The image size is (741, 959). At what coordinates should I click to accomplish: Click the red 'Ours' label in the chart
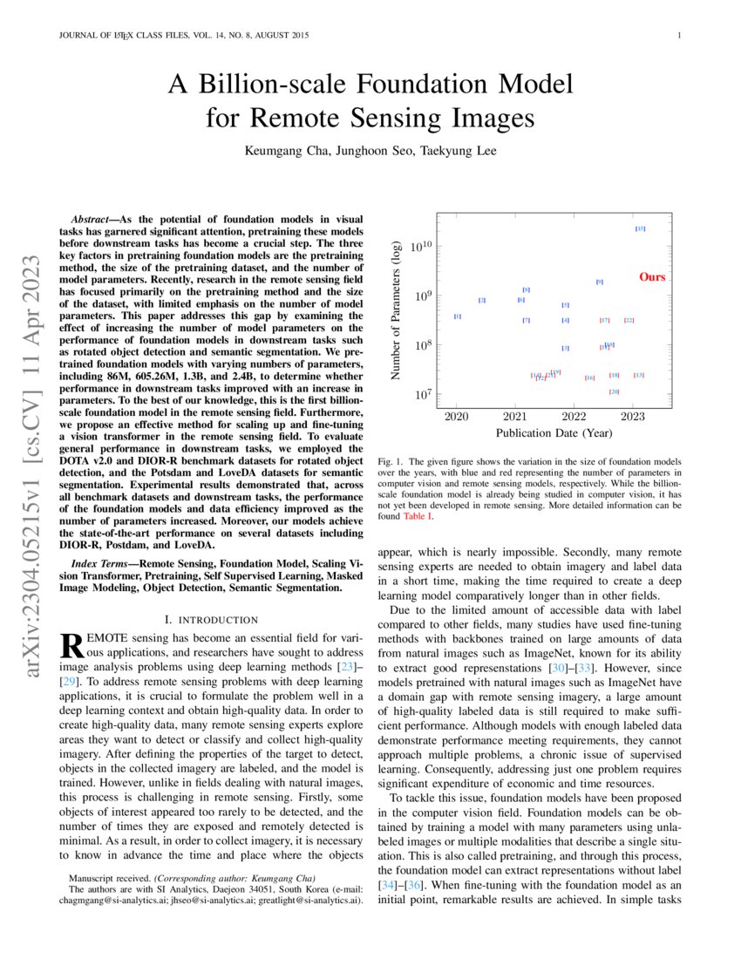[652, 277]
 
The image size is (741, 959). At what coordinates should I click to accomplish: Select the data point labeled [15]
[640, 228]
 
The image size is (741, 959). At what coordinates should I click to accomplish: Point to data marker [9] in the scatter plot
[599, 282]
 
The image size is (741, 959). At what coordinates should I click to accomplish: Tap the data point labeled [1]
[458, 316]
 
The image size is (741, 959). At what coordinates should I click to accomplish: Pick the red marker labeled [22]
[629, 320]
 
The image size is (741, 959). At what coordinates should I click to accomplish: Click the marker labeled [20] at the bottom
[614, 391]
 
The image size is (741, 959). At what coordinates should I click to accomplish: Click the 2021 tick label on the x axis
[515, 417]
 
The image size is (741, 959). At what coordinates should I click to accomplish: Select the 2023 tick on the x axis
[633, 417]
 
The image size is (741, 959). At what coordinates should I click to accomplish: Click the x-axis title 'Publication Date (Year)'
[554, 432]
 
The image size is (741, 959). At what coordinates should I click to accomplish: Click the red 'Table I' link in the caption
[417, 517]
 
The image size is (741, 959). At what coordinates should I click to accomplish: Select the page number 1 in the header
[678, 35]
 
